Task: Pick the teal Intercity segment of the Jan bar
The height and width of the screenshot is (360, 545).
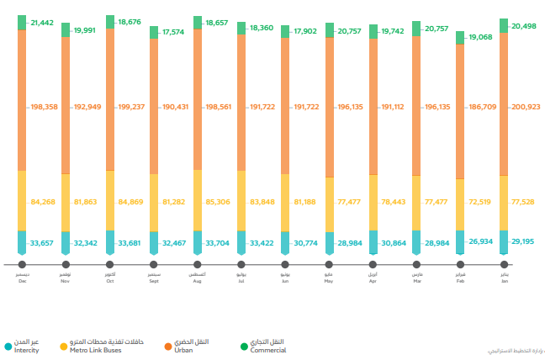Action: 504,241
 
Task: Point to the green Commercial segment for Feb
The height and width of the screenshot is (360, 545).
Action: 460,38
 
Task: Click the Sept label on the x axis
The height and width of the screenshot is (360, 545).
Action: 154,280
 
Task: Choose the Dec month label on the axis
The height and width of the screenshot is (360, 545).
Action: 22,280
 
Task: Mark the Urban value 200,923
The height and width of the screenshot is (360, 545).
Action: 526,107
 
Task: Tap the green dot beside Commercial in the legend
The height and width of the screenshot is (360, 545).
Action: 244,346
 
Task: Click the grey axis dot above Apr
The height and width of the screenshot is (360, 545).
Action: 373,264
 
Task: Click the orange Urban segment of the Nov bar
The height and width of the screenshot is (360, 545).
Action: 66,105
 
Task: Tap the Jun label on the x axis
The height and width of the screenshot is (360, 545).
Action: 285,280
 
